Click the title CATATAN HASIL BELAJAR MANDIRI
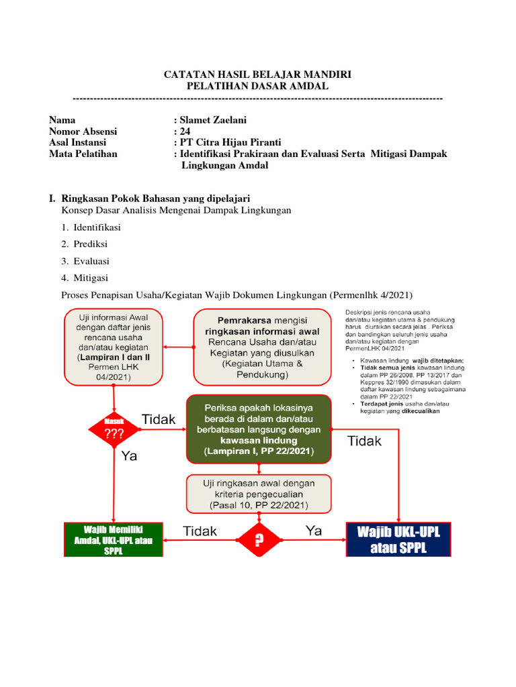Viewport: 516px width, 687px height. [x=257, y=74]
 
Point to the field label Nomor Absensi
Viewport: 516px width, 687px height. [x=83, y=131]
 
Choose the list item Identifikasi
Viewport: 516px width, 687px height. [x=97, y=227]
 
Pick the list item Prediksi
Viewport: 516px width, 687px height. [x=91, y=244]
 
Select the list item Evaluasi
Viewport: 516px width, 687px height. [x=91, y=261]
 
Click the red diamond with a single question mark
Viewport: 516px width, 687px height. [x=259, y=539]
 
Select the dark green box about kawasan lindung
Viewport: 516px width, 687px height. [x=259, y=429]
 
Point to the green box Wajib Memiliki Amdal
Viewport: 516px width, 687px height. [x=113, y=539]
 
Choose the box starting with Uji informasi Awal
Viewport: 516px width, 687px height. [x=114, y=346]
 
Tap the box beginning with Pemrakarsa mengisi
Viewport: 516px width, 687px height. [x=262, y=346]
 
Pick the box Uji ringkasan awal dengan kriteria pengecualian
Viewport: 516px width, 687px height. [x=259, y=494]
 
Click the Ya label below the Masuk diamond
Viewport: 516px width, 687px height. [x=129, y=456]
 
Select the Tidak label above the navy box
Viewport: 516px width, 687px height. [x=364, y=441]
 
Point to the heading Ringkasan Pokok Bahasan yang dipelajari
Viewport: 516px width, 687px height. [x=155, y=199]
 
